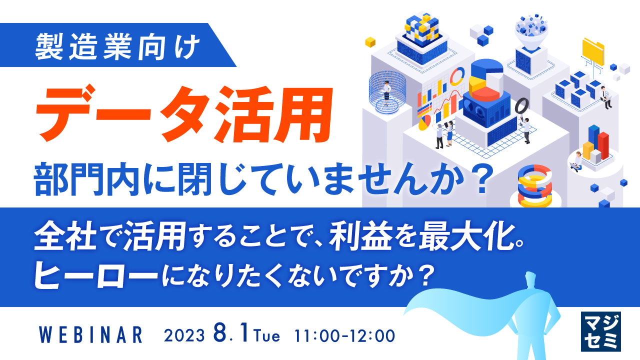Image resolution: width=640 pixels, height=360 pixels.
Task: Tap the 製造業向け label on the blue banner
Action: point(118,45)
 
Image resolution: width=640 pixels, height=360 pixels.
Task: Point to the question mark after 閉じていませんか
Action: point(478,183)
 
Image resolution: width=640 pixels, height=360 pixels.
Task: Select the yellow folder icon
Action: point(593,50)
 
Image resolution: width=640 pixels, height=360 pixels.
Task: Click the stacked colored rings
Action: point(534,185)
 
